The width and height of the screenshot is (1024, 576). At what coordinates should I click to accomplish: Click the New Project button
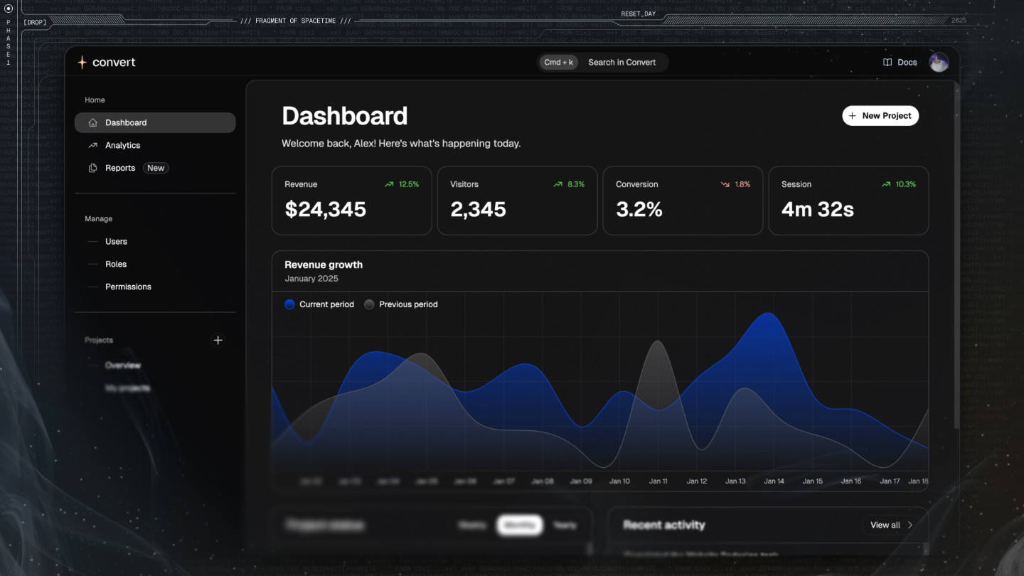[x=880, y=116]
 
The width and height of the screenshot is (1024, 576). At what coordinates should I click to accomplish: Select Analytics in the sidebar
[x=122, y=145]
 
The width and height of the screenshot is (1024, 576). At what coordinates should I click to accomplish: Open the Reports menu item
[x=119, y=168]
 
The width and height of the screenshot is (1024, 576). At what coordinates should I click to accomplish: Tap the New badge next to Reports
[x=156, y=168]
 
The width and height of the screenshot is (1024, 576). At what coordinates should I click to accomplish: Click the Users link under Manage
[x=116, y=242]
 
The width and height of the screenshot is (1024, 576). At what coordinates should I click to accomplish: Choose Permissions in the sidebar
[x=128, y=287]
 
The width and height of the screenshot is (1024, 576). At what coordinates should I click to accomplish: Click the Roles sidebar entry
[x=116, y=264]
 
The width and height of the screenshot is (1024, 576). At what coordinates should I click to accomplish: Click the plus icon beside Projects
[x=218, y=340]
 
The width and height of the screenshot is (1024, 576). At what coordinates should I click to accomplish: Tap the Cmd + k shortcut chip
[x=558, y=63]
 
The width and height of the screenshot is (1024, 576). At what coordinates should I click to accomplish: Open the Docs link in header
[x=900, y=63]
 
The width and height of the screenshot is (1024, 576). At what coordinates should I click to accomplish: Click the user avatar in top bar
[x=939, y=63]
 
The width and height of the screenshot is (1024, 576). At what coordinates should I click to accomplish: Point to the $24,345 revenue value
[x=325, y=209]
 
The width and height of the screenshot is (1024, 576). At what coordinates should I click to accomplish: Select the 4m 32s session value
[x=817, y=209]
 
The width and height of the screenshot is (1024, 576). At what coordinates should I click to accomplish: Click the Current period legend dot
[x=289, y=304]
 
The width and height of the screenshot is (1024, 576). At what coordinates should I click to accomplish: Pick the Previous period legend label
[x=408, y=304]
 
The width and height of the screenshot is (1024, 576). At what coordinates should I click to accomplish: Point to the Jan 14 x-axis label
[x=774, y=481]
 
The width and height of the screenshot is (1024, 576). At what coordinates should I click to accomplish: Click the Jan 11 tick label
[x=658, y=481]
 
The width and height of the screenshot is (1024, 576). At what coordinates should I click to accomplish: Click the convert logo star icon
[x=82, y=63]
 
